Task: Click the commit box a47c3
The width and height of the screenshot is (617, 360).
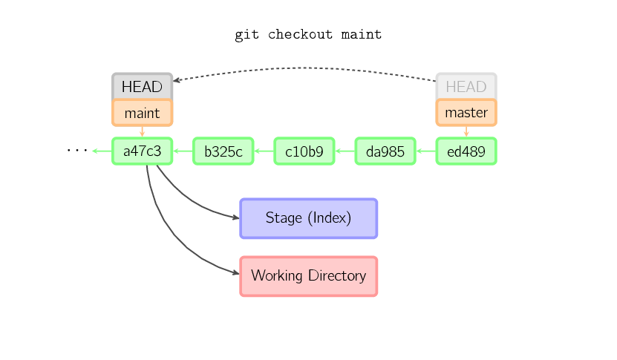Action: click(142, 151)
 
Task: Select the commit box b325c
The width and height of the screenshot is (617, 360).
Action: click(223, 151)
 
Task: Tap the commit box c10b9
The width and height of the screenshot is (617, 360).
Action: click(304, 151)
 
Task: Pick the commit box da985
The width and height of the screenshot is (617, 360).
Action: click(385, 151)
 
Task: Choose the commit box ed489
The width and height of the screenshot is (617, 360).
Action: click(466, 151)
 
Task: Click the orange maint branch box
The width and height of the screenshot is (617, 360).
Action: click(142, 113)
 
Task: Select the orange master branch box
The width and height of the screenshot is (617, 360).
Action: click(466, 113)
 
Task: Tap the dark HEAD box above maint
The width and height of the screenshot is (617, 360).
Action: click(142, 86)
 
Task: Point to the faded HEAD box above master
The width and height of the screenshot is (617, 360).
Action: click(466, 86)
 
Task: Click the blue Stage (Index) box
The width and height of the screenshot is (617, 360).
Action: click(309, 218)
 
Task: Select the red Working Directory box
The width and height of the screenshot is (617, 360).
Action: click(309, 276)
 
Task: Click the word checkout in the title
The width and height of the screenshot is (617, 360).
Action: click(300, 34)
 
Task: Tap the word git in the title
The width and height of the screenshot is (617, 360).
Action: click(247, 35)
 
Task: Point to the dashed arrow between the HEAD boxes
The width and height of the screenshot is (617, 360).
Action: click(305, 68)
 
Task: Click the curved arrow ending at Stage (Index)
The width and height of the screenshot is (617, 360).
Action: click(189, 200)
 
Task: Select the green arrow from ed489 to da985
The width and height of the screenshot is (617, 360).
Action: click(425, 151)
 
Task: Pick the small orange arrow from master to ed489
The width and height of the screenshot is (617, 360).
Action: click(466, 132)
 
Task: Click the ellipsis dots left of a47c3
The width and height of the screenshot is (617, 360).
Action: click(77, 150)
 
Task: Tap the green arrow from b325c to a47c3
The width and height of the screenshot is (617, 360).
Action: click(183, 151)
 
